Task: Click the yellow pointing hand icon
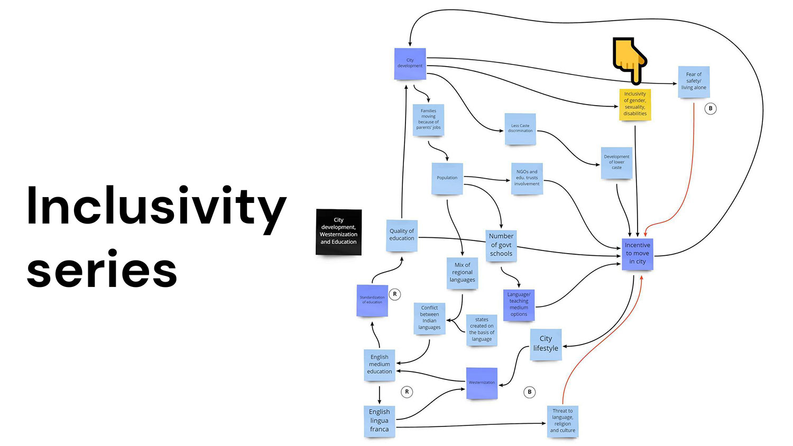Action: [x=629, y=60]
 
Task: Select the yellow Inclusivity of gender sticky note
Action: [x=635, y=104]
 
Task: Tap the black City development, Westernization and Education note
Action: [x=339, y=231]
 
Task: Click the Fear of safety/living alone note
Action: [x=694, y=81]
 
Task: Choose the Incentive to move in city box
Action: [x=638, y=254]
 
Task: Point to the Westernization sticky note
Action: [x=482, y=383]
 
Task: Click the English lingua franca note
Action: [x=379, y=421]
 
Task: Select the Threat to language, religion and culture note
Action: [x=563, y=421]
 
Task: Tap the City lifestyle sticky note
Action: [x=546, y=344]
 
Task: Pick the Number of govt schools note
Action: [x=501, y=245]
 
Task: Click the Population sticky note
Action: [x=447, y=178]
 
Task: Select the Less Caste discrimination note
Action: [x=520, y=128]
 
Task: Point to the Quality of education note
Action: [x=402, y=235]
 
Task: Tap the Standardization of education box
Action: [x=372, y=300]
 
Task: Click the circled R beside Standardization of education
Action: [x=395, y=294]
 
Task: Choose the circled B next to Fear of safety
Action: [x=711, y=108]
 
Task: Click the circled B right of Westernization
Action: [x=529, y=392]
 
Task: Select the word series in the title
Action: [x=102, y=271]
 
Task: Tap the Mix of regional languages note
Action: [x=463, y=273]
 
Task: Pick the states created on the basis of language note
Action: [x=482, y=330]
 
